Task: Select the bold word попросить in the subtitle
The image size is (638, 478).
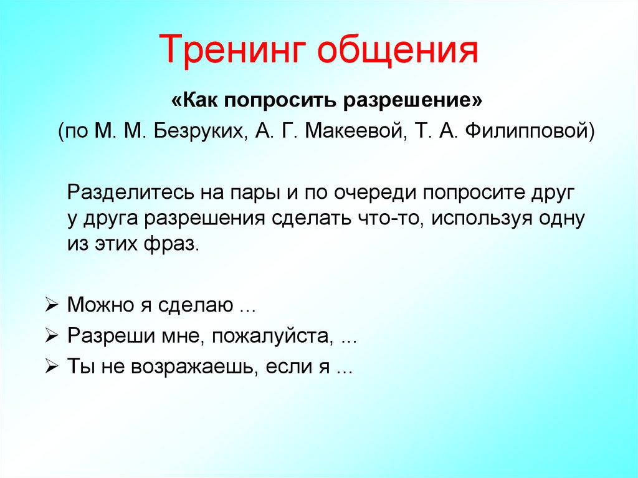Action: tap(280, 100)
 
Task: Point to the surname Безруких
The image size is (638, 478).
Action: tap(199, 131)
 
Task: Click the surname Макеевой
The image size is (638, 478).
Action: tap(356, 131)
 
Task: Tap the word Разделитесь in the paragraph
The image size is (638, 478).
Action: tap(131, 192)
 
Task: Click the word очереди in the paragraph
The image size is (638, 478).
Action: tap(375, 193)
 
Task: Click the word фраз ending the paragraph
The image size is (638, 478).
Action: tap(169, 244)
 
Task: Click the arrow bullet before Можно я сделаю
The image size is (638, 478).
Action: tap(52, 305)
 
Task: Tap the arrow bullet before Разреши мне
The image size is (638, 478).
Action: tap(52, 337)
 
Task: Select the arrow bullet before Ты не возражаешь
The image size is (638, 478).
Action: tap(52, 367)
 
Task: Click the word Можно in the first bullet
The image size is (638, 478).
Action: tap(102, 305)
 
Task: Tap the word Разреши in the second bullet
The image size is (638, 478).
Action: tap(112, 337)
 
